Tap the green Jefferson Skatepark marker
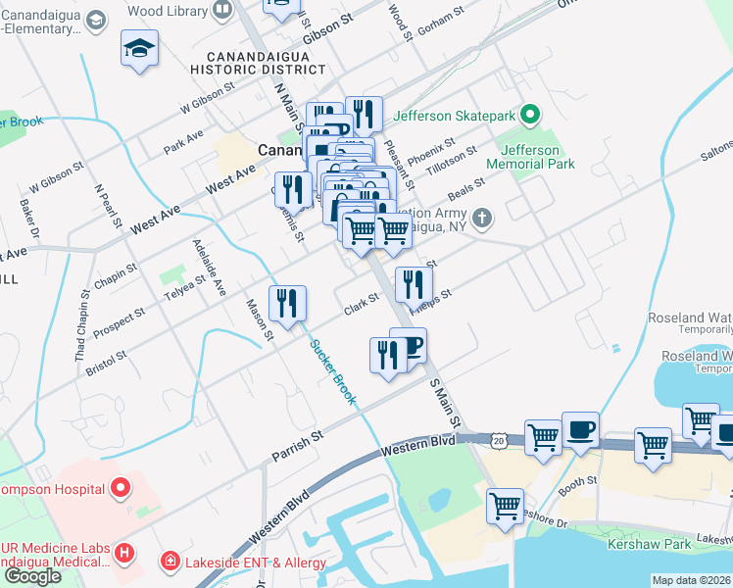coord(530,116)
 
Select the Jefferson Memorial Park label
coord(537,158)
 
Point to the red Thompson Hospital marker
coord(121,460)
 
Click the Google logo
coord(32,576)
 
